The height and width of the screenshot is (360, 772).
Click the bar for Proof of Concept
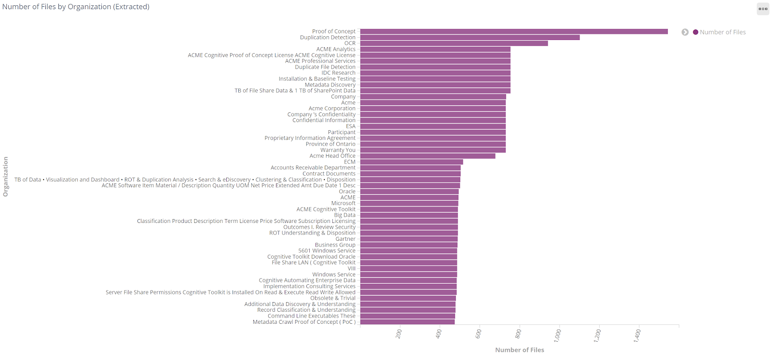514,31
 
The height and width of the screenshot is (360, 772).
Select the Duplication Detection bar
470,37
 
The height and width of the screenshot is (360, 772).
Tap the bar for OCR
454,43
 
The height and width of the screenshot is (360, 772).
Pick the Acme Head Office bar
427,156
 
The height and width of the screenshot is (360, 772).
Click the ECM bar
412,162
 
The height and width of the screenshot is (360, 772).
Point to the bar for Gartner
409,239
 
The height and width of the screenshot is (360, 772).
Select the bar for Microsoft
409,203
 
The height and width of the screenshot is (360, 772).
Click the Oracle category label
347,192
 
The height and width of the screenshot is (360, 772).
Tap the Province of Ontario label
331,144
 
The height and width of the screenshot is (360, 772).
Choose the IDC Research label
338,73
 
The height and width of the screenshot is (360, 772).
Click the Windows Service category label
333,275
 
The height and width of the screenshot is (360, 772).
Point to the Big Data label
345,215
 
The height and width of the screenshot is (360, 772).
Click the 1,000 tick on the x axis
558,334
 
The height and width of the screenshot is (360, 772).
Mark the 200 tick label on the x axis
399,333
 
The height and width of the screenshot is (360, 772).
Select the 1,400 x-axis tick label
637,335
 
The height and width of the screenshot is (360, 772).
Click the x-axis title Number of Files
519,350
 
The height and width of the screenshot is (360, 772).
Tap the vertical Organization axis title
6,177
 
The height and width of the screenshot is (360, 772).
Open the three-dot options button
763,9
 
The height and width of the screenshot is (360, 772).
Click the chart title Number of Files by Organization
76,7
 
